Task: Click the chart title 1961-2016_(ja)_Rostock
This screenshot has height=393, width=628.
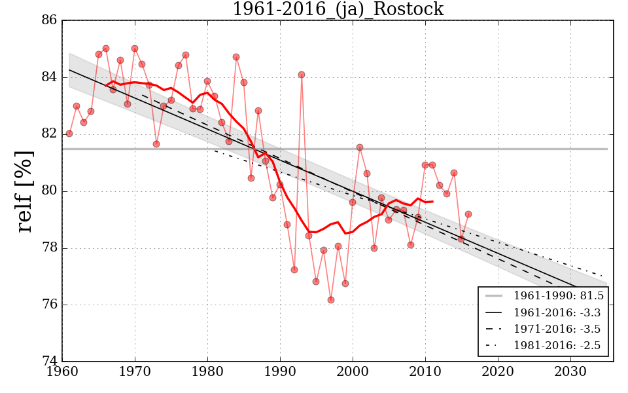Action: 338,10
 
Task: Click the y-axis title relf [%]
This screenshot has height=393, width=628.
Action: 25,191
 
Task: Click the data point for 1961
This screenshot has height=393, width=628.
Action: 69,134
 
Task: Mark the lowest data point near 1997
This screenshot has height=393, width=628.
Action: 331,300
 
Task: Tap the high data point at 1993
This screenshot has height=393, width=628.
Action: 302,75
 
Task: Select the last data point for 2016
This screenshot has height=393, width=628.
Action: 468,214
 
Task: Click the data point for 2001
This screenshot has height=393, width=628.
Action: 360,147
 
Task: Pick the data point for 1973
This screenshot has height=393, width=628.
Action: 156,144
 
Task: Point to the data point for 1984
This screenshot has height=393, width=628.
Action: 236,57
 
